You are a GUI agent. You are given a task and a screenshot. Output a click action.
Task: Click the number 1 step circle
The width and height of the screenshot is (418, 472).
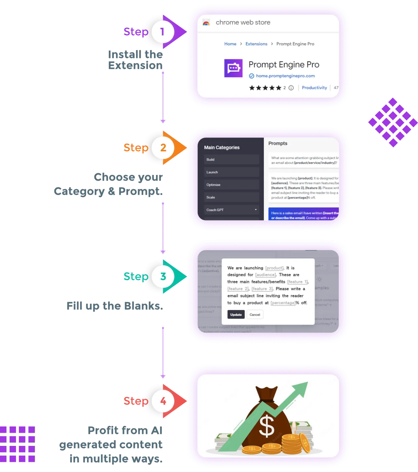click(163, 32)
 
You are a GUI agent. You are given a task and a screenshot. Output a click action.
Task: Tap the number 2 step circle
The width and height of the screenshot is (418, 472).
click(163, 148)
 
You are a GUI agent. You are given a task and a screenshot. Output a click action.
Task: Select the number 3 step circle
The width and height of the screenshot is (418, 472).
click(163, 276)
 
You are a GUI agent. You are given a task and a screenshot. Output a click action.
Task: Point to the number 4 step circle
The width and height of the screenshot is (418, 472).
click(163, 401)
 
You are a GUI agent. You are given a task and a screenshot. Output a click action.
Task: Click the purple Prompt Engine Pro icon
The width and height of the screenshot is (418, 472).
click(233, 68)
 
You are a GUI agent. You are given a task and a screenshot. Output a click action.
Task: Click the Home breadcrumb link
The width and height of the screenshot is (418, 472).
click(230, 44)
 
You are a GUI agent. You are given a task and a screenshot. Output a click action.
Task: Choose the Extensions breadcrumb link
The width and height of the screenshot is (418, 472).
click(256, 44)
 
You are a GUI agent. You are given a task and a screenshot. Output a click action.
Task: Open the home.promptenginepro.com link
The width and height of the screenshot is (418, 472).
click(285, 76)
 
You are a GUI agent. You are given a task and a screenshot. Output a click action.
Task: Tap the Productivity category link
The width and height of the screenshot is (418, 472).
click(314, 88)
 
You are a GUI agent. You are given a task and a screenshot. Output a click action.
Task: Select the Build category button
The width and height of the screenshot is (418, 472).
click(232, 160)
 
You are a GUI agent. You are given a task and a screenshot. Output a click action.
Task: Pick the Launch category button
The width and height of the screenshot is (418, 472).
click(232, 172)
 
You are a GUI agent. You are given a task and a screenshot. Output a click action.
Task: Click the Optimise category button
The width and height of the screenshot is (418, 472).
click(232, 185)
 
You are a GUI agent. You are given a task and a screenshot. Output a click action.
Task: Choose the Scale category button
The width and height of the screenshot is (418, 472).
click(232, 197)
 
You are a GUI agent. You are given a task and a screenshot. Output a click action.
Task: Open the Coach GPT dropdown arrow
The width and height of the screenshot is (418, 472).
click(256, 210)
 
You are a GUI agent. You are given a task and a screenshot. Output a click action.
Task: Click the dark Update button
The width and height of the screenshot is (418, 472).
click(236, 315)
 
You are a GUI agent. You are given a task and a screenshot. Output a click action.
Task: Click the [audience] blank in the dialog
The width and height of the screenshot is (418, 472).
click(265, 275)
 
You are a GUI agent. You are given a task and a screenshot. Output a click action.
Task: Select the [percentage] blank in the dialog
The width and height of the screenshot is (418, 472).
click(283, 303)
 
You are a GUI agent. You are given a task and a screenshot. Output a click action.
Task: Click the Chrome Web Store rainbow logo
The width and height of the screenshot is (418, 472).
click(206, 23)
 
